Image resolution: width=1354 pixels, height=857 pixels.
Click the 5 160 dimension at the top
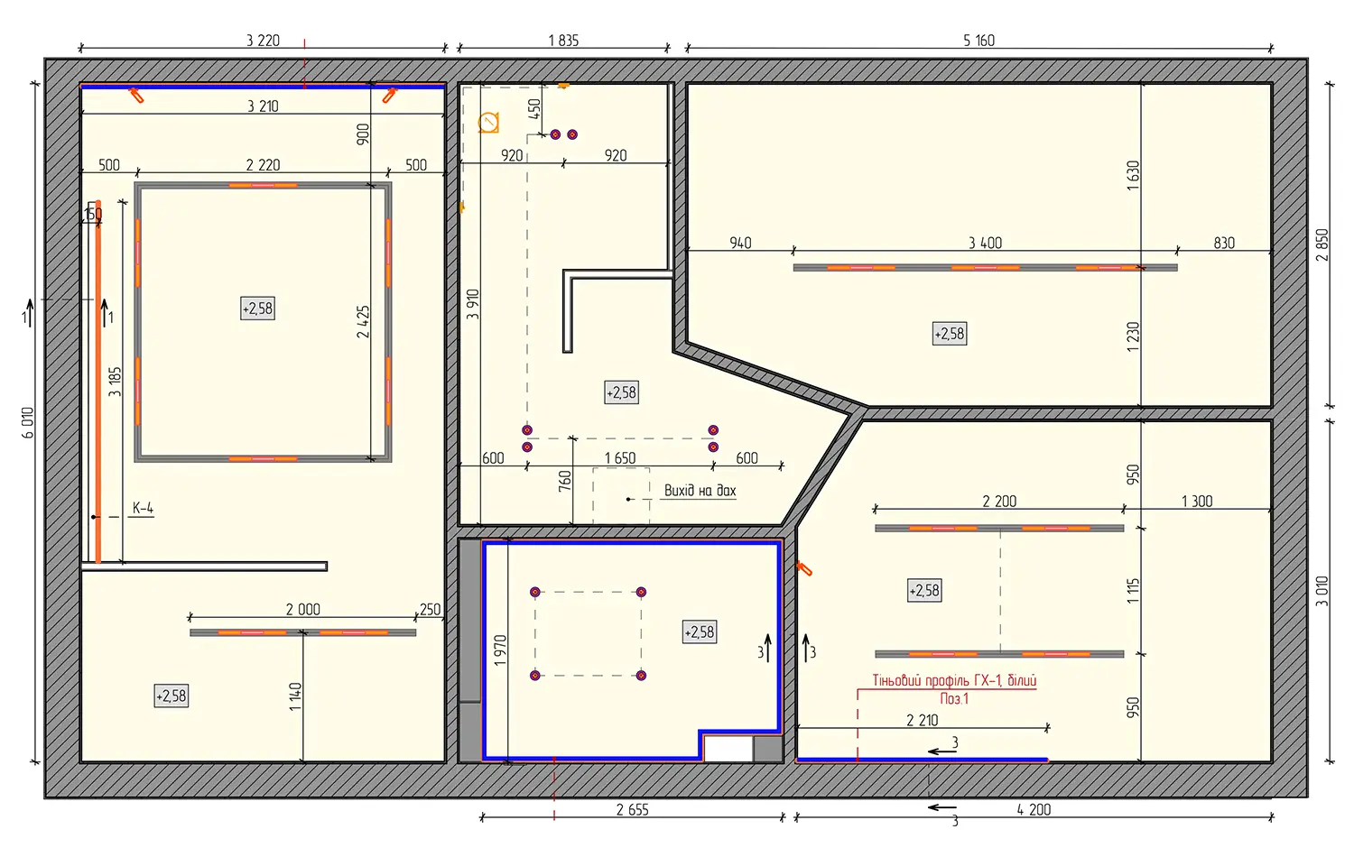[978, 41]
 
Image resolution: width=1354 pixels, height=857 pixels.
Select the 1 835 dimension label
[563, 41]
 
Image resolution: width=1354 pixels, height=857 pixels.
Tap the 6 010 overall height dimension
[28, 423]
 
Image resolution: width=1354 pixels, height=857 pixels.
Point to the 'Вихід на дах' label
[700, 491]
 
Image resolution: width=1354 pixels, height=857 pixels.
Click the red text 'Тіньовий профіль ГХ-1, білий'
[954, 681]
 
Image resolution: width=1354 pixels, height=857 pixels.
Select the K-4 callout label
[143, 509]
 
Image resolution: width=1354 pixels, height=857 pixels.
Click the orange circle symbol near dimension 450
[488, 123]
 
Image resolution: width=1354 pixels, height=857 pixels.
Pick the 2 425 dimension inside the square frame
[363, 322]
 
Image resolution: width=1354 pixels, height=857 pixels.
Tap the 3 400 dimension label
[986, 243]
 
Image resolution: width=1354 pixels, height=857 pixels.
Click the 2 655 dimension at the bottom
[632, 810]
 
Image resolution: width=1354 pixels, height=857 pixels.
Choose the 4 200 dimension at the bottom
[1034, 810]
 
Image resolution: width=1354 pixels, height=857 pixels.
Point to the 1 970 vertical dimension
[500, 650]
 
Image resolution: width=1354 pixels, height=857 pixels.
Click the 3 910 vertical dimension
[473, 304]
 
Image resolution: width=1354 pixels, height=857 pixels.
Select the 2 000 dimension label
[302, 610]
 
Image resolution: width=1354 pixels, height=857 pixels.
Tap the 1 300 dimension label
[1198, 502]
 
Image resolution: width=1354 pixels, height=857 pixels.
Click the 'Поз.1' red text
[954, 699]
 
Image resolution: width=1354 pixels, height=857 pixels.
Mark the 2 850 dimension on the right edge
[1322, 244]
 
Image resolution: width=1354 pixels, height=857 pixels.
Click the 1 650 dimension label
[620, 458]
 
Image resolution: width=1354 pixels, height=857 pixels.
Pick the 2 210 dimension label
[923, 721]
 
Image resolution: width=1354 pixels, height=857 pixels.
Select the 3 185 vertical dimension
[115, 382]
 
